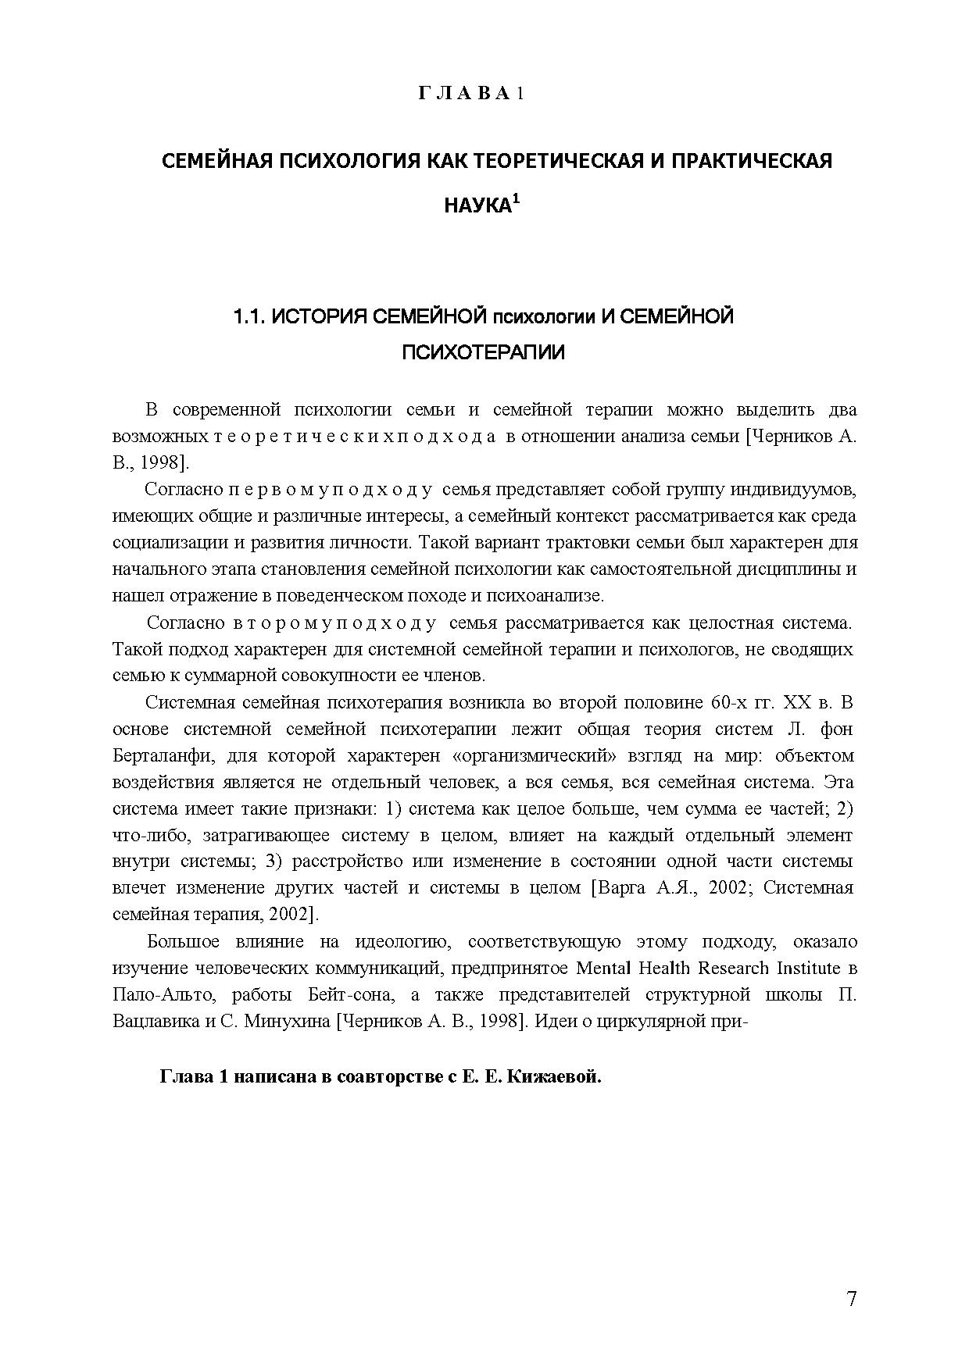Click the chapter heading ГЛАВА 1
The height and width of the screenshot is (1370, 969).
470,94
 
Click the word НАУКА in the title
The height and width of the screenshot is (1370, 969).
477,206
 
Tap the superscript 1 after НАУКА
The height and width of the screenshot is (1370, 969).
516,199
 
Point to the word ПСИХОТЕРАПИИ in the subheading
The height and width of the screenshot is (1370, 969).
483,353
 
